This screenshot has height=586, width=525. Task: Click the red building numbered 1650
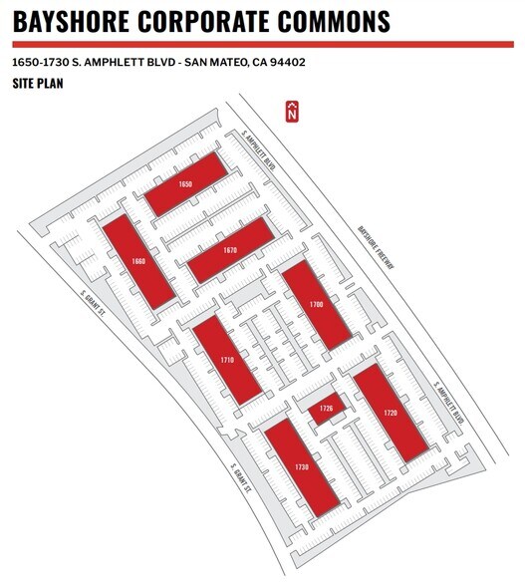[x=185, y=184]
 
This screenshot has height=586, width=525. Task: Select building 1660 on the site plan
[x=138, y=261]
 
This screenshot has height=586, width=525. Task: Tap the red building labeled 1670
[x=230, y=250]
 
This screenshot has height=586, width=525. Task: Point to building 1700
[x=316, y=305]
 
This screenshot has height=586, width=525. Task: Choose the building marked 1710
[x=227, y=360]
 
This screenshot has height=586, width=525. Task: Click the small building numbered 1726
[x=327, y=409]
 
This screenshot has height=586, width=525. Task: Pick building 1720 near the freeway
[x=391, y=413]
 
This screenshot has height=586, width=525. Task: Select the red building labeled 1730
[x=302, y=467]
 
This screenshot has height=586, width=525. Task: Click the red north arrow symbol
[x=292, y=111]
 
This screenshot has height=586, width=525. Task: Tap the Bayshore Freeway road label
[x=376, y=247]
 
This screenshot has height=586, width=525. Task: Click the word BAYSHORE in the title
[x=71, y=21]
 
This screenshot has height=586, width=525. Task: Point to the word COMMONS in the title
[x=334, y=21]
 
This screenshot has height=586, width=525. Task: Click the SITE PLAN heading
[x=38, y=83]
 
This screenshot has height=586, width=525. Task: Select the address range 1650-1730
[x=41, y=62]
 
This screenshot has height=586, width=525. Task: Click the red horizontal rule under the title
[x=263, y=45]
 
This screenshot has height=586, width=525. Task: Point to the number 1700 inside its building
[x=316, y=305]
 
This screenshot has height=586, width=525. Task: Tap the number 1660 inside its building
[x=138, y=261]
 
